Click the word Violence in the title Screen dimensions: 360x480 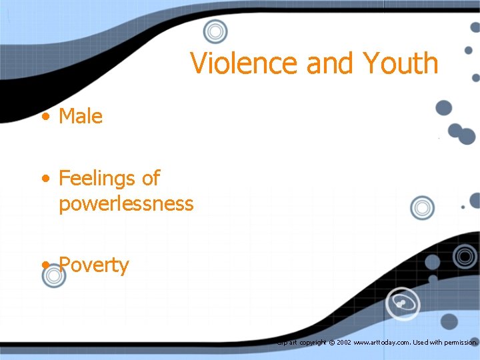[x=243, y=63]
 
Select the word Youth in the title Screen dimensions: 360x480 [x=401, y=63]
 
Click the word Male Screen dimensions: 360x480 [x=81, y=117]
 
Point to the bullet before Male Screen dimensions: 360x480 [x=45, y=117]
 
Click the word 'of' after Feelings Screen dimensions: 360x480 [x=151, y=178]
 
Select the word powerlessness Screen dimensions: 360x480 [x=126, y=203]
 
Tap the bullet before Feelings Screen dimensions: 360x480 [x=45, y=179]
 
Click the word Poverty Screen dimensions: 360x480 [x=94, y=265]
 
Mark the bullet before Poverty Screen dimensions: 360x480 [x=45, y=266]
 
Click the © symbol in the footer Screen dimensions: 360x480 [x=331, y=343]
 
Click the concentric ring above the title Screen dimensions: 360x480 [x=215, y=31]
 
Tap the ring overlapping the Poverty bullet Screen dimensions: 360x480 [x=53, y=276]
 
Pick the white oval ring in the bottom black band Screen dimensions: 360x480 [x=404, y=304]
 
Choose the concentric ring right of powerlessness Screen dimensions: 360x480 [x=422, y=208]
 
